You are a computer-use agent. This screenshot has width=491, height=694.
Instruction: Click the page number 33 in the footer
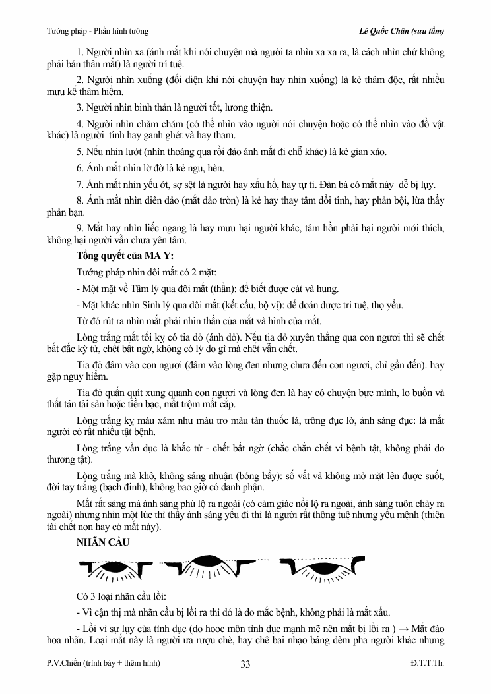(x=245, y=664)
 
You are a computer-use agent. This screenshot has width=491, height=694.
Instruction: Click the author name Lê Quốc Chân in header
(x=380, y=30)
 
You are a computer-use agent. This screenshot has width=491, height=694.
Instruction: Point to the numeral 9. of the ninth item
(x=80, y=228)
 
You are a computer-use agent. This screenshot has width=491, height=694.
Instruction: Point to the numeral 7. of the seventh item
(x=80, y=184)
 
